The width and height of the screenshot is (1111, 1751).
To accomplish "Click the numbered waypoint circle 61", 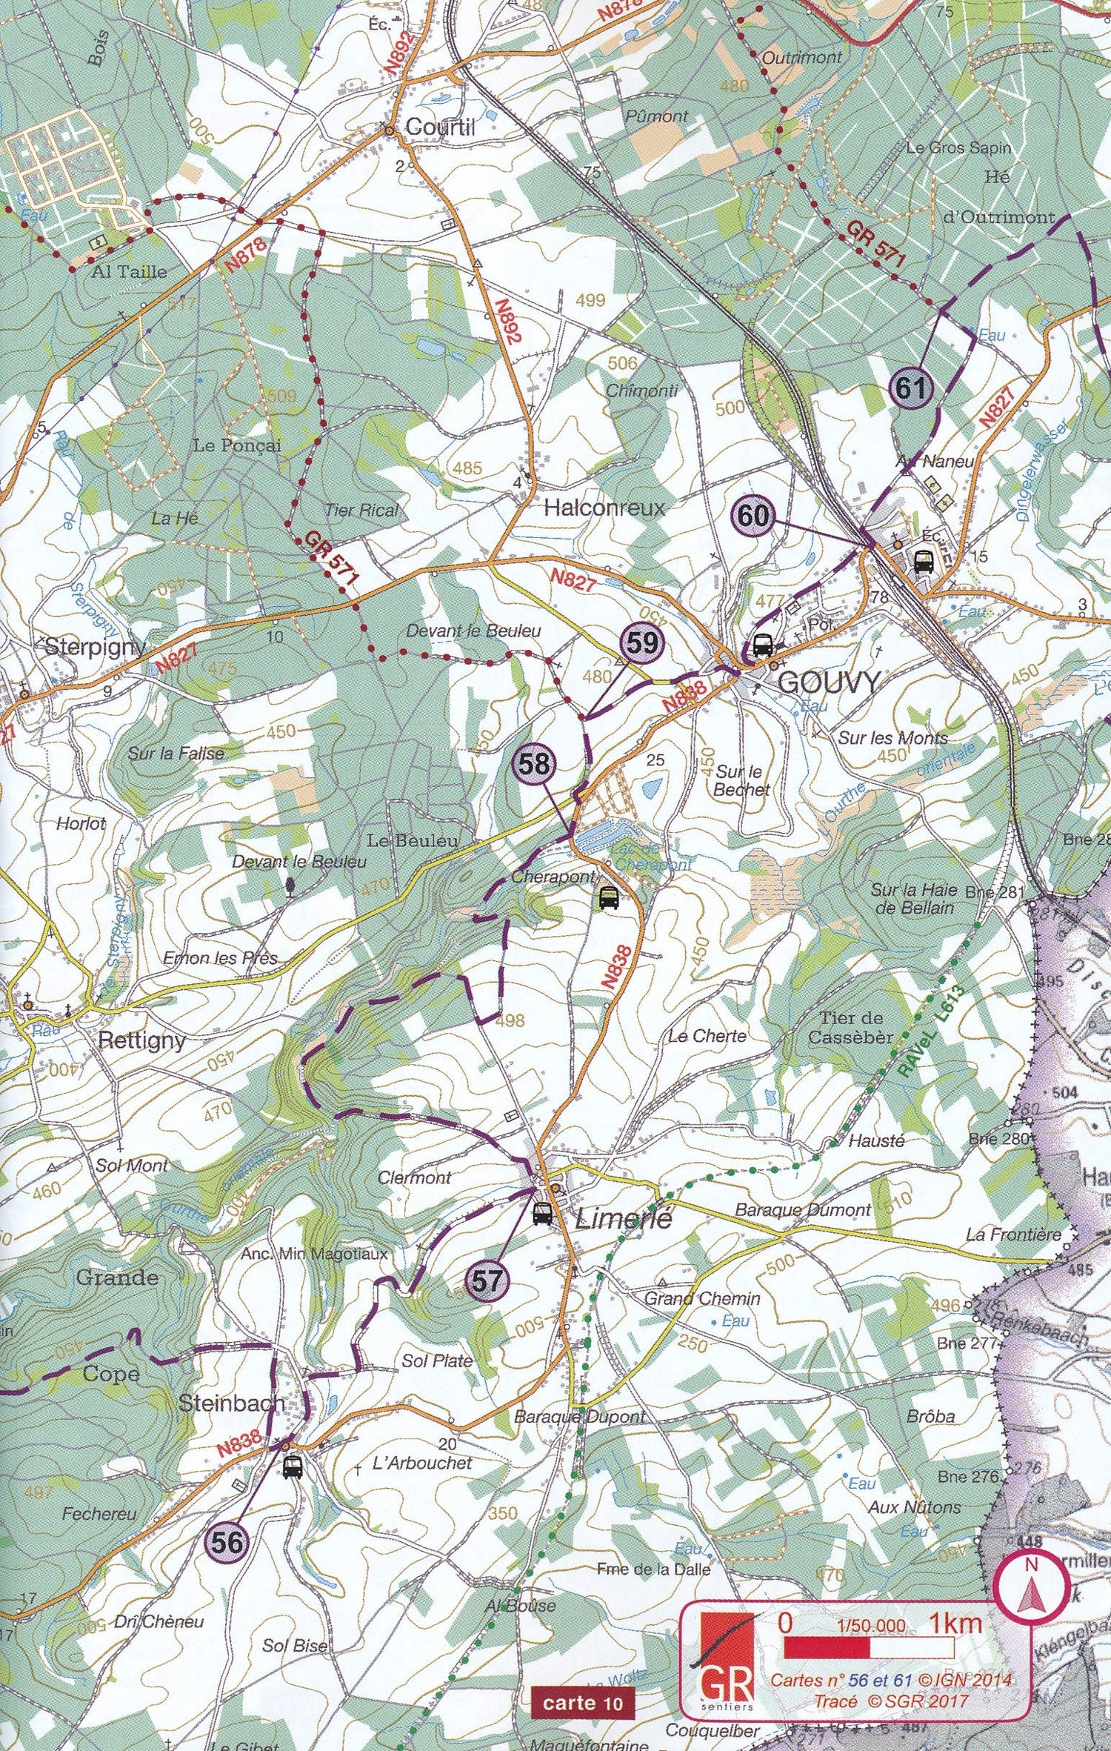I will point(910,388).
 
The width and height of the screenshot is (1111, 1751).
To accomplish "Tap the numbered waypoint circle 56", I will point(227,1542).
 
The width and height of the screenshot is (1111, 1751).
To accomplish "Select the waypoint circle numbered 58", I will point(533,763).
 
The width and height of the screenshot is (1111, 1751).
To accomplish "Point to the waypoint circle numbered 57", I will point(486,1280).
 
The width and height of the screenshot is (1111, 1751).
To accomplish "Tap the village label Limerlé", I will point(623,1218).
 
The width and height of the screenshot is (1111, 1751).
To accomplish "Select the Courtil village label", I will point(440,127).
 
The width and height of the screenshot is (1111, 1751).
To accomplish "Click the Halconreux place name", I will point(604,508).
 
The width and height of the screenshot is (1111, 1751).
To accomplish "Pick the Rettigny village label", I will point(141,1040).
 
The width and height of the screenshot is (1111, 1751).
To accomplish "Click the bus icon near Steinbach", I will point(293,1466).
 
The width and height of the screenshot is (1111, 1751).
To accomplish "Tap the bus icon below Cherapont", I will point(609,898).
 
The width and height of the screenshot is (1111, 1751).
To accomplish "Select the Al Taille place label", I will point(129,271).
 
